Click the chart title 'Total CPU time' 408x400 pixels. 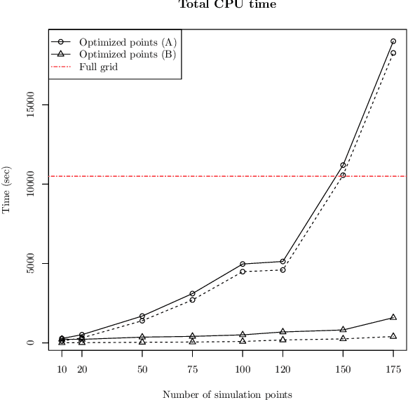[x=228, y=5]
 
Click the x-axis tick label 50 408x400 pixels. [x=142, y=369]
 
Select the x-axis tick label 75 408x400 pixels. [x=192, y=369]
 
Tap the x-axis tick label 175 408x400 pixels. [x=393, y=369]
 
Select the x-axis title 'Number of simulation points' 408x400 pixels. [x=227, y=394]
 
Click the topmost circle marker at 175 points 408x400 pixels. [x=393, y=41]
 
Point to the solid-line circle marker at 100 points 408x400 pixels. [x=243, y=264]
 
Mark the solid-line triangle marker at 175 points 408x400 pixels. [x=393, y=317]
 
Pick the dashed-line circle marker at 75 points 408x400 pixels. [x=192, y=300]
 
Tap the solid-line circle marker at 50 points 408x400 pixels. [x=142, y=316]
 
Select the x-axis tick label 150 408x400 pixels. [x=343, y=369]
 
